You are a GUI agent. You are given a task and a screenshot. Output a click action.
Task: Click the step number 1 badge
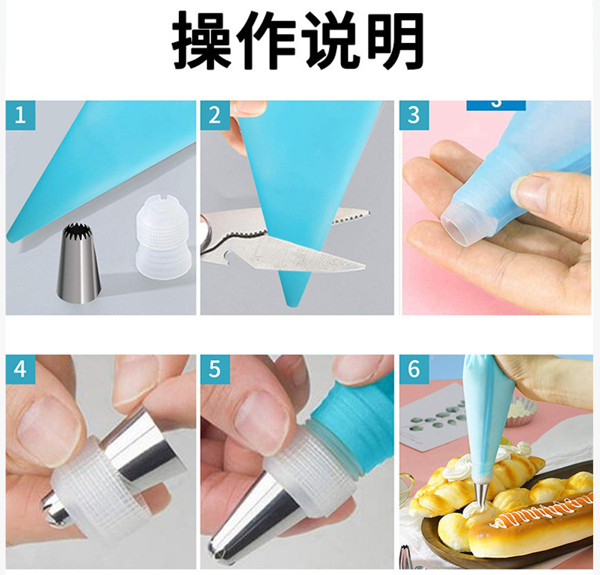(x=20, y=115)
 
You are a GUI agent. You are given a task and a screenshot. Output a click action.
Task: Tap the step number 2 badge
(x=215, y=115)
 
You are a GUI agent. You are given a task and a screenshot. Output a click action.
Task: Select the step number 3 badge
(x=414, y=115)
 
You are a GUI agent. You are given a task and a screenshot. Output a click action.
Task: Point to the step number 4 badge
(x=20, y=369)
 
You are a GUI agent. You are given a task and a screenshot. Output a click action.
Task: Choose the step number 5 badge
(x=215, y=369)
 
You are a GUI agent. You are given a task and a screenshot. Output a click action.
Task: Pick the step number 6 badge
(x=414, y=369)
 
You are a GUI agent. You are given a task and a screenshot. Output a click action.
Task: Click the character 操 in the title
(x=201, y=40)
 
